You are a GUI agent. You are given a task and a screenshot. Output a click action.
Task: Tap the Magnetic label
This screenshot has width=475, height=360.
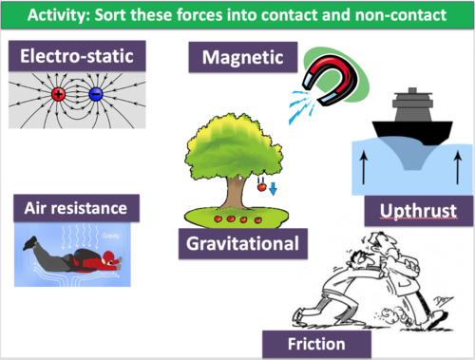(x=242, y=58)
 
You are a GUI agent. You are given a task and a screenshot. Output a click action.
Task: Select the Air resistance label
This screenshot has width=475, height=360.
(x=76, y=206)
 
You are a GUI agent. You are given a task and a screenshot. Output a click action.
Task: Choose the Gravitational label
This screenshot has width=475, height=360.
(x=243, y=243)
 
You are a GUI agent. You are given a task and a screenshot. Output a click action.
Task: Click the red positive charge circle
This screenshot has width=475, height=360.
(x=58, y=95)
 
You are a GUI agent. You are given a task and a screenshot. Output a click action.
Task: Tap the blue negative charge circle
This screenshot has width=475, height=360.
(x=96, y=95)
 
